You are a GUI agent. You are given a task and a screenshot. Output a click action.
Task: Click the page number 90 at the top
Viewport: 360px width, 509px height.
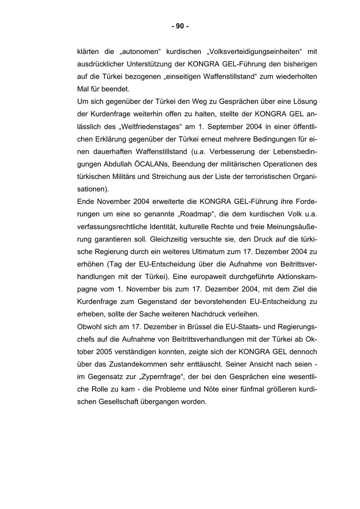[x=180, y=26]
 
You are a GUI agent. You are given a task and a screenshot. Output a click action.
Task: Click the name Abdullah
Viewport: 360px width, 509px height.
[x=119, y=164]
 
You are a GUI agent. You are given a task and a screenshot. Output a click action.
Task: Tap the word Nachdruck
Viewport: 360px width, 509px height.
[x=209, y=314]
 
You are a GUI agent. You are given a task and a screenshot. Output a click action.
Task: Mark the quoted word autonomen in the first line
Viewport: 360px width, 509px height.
[x=140, y=52]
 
